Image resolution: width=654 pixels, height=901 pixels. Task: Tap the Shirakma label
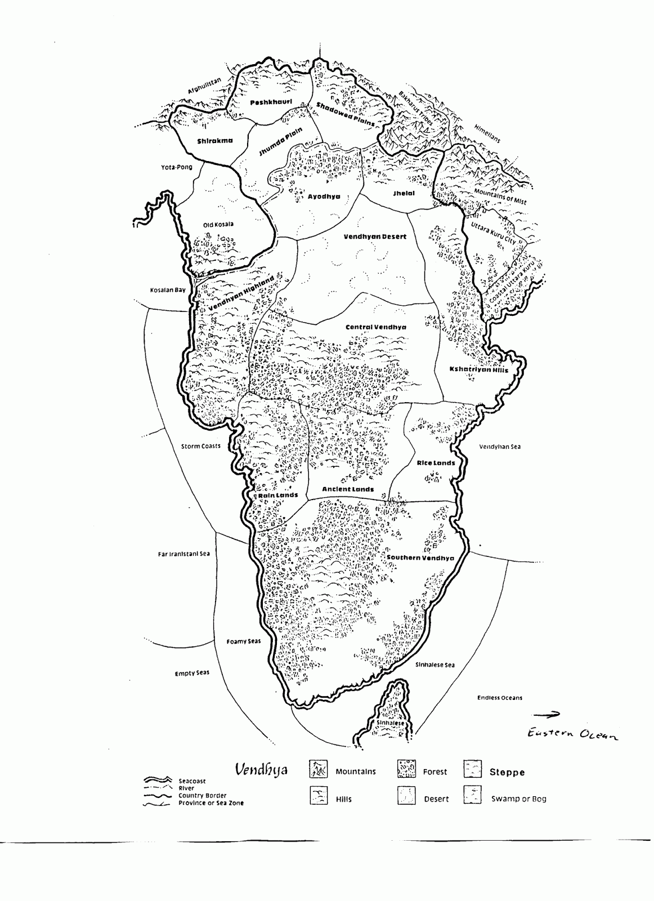coord(214,141)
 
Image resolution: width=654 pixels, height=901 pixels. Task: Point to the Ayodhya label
coord(324,197)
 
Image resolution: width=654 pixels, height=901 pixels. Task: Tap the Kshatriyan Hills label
coord(478,370)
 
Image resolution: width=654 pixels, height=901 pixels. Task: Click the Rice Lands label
coord(436,463)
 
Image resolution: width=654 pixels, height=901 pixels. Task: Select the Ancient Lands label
coord(348,489)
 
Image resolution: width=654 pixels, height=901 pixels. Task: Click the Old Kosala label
coord(218,225)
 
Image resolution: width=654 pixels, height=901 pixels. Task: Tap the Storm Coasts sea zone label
coord(200,447)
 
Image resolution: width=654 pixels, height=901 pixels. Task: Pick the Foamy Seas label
coord(244,641)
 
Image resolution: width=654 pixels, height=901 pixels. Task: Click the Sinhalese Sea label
coord(434,665)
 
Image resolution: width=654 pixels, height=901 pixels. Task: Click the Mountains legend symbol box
coord(319,769)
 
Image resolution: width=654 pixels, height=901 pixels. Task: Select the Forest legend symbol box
coord(406,769)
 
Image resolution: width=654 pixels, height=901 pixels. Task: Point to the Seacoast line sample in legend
coord(159,780)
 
